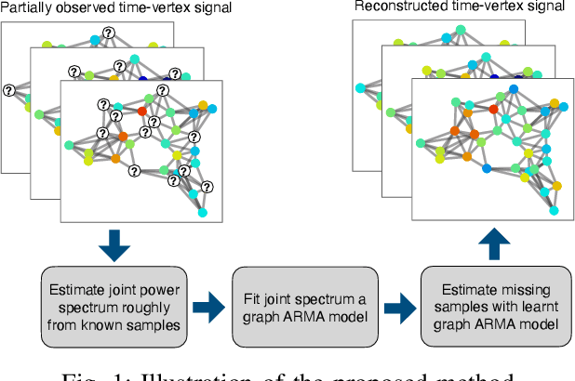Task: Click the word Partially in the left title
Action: (x=26, y=8)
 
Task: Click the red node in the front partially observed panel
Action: (x=142, y=112)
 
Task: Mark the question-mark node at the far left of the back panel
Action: (x=9, y=90)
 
